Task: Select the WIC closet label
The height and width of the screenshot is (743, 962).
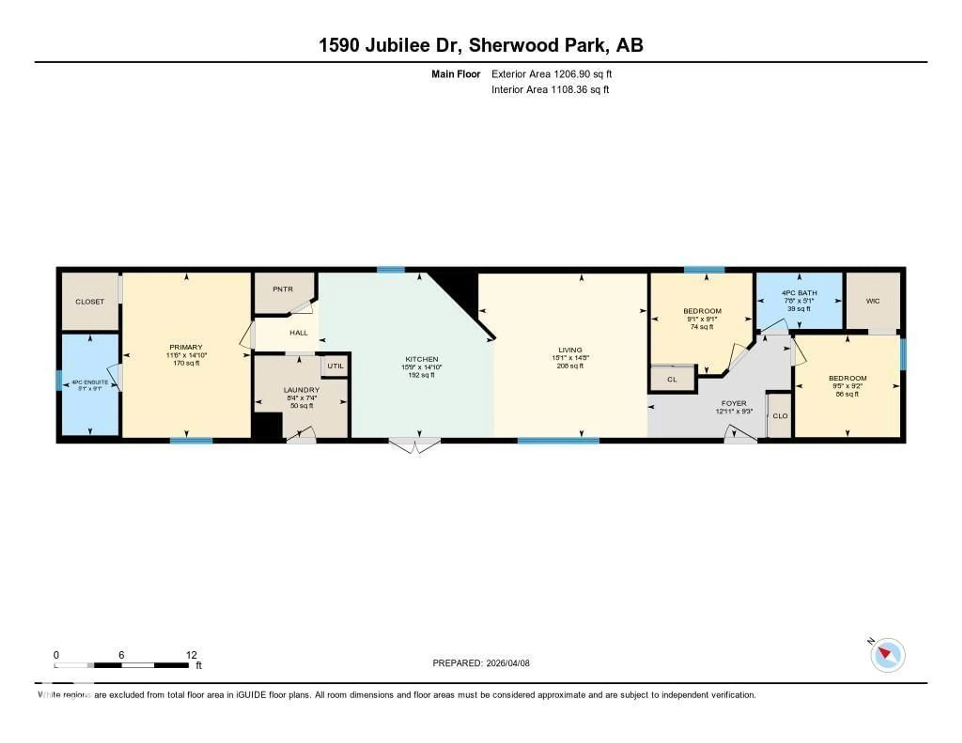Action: pyautogui.click(x=873, y=301)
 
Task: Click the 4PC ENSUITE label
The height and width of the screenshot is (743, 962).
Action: pyautogui.click(x=90, y=382)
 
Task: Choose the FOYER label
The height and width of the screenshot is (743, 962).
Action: pyautogui.click(x=734, y=403)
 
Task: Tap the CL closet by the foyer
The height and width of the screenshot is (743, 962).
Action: pyautogui.click(x=672, y=379)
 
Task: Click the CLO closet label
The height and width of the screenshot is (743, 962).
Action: pyautogui.click(x=780, y=416)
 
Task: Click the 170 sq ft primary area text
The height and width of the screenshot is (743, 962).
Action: pyautogui.click(x=186, y=363)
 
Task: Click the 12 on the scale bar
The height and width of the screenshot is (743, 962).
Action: pyautogui.click(x=191, y=655)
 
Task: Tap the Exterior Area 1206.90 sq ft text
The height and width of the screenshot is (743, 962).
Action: pyautogui.click(x=551, y=74)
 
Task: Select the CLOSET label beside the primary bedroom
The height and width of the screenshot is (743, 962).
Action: pyautogui.click(x=90, y=302)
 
